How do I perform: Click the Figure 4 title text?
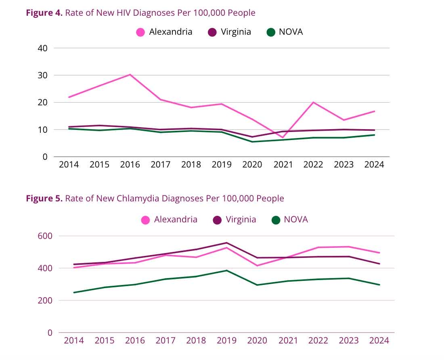140,13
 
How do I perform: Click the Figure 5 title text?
155,198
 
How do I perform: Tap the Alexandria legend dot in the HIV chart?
140,32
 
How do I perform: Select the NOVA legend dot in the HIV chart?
270,32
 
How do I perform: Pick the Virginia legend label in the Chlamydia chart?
241,220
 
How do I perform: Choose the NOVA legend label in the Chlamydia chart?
295,220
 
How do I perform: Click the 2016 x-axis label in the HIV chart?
130,165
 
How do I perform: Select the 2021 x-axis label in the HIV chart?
283,165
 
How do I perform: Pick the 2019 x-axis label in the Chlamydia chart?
227,340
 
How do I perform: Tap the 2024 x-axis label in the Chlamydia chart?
379,340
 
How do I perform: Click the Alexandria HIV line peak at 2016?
130,75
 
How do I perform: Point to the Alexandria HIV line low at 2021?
283,138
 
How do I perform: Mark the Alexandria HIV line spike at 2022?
313,102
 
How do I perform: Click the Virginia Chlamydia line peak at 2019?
227,243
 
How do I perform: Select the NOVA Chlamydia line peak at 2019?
227,270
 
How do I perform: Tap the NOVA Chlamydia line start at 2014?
74,293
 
